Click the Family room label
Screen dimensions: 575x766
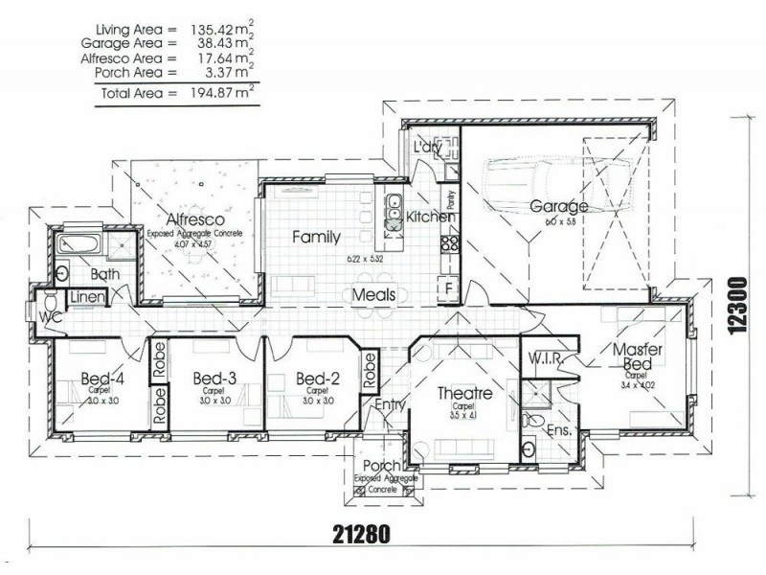(x=316, y=236)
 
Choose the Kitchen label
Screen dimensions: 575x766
(x=430, y=218)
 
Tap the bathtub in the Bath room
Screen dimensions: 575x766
(x=79, y=244)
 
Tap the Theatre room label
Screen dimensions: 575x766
(x=464, y=394)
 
